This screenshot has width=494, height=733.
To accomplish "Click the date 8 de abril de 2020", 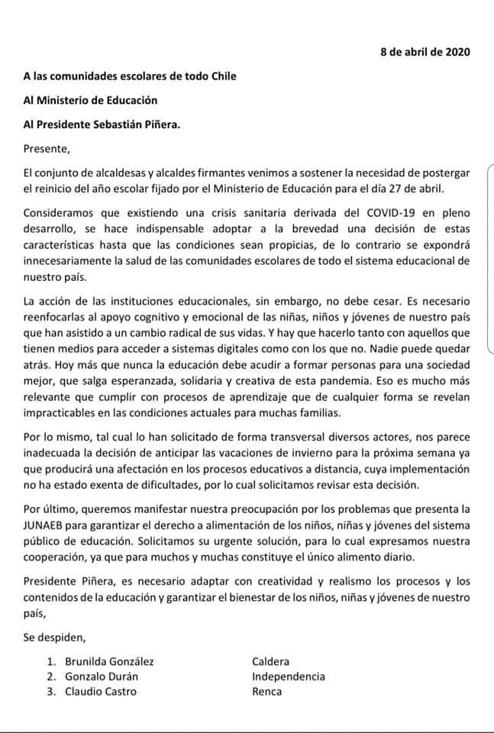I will pos(425,52).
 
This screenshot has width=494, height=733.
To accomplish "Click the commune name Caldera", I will pos(270,662).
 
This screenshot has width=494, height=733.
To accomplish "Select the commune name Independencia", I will pos(288,676).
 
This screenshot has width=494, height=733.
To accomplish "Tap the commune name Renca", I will pos(266,692).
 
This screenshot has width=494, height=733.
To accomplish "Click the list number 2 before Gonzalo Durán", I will pos(50,676).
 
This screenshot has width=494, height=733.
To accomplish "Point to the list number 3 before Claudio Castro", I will pos(50,692).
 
